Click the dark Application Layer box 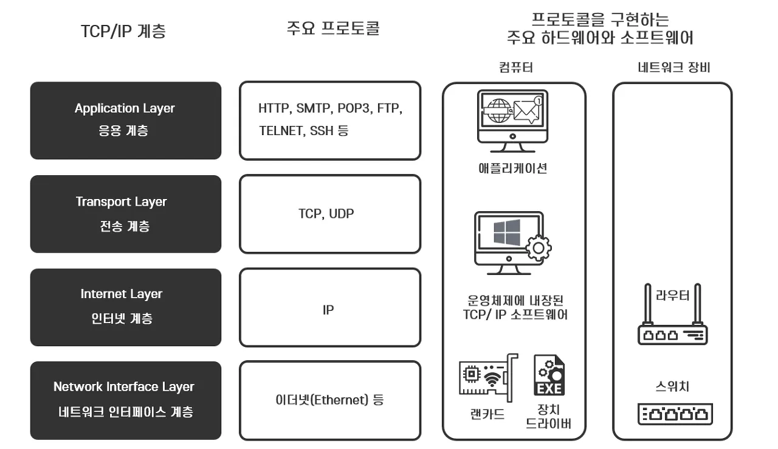pos(125,120)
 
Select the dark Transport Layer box pos(125,214)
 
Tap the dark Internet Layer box pos(125,307)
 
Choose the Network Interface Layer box pos(125,400)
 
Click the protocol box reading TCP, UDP pos(329,214)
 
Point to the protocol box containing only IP pos(329,309)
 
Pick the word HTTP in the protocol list pos(275,109)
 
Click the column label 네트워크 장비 pos(673,68)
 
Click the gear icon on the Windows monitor pos(537,248)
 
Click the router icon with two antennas pos(672,322)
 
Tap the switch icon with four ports pos(675,414)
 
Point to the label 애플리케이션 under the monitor pos(513,168)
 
